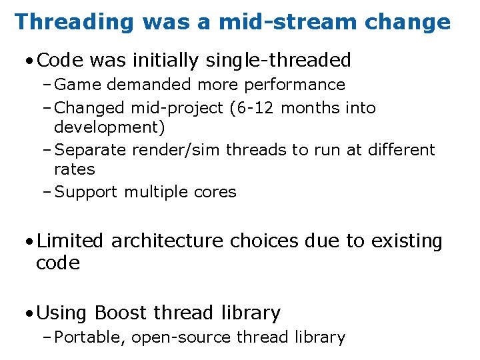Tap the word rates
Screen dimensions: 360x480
(x=75, y=169)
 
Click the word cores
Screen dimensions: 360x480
(x=216, y=192)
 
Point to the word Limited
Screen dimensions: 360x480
(x=71, y=241)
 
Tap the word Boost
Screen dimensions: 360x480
(x=121, y=313)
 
